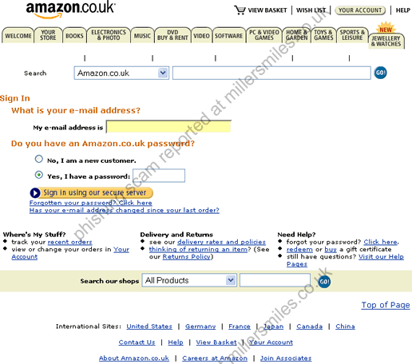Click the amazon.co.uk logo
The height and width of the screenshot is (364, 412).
[x=70, y=10]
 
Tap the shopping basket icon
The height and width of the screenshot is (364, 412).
[x=240, y=10]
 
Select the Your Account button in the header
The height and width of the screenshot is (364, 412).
[x=360, y=10]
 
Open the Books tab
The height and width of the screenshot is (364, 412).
[x=74, y=36]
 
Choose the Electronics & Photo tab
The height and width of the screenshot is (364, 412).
[x=109, y=35]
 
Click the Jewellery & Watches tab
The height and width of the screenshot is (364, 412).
[x=386, y=41]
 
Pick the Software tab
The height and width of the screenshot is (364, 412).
[x=229, y=36]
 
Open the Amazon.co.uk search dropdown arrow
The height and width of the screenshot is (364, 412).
[x=163, y=73]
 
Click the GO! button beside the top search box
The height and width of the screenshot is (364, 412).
[x=380, y=73]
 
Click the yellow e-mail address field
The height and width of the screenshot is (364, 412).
[x=168, y=127]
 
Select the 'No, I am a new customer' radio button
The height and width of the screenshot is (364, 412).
[x=39, y=159]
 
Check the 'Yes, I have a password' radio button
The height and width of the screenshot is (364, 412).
[x=39, y=175]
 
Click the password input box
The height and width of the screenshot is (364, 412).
[x=159, y=176]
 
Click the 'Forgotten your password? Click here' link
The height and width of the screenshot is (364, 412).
[x=91, y=203]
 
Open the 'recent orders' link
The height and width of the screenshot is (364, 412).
[x=70, y=242]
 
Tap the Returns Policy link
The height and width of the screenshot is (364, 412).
[x=186, y=257]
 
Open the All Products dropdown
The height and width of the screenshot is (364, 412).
[x=189, y=280]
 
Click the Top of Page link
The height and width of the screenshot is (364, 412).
[x=386, y=305]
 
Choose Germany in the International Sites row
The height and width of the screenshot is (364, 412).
[x=200, y=326]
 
